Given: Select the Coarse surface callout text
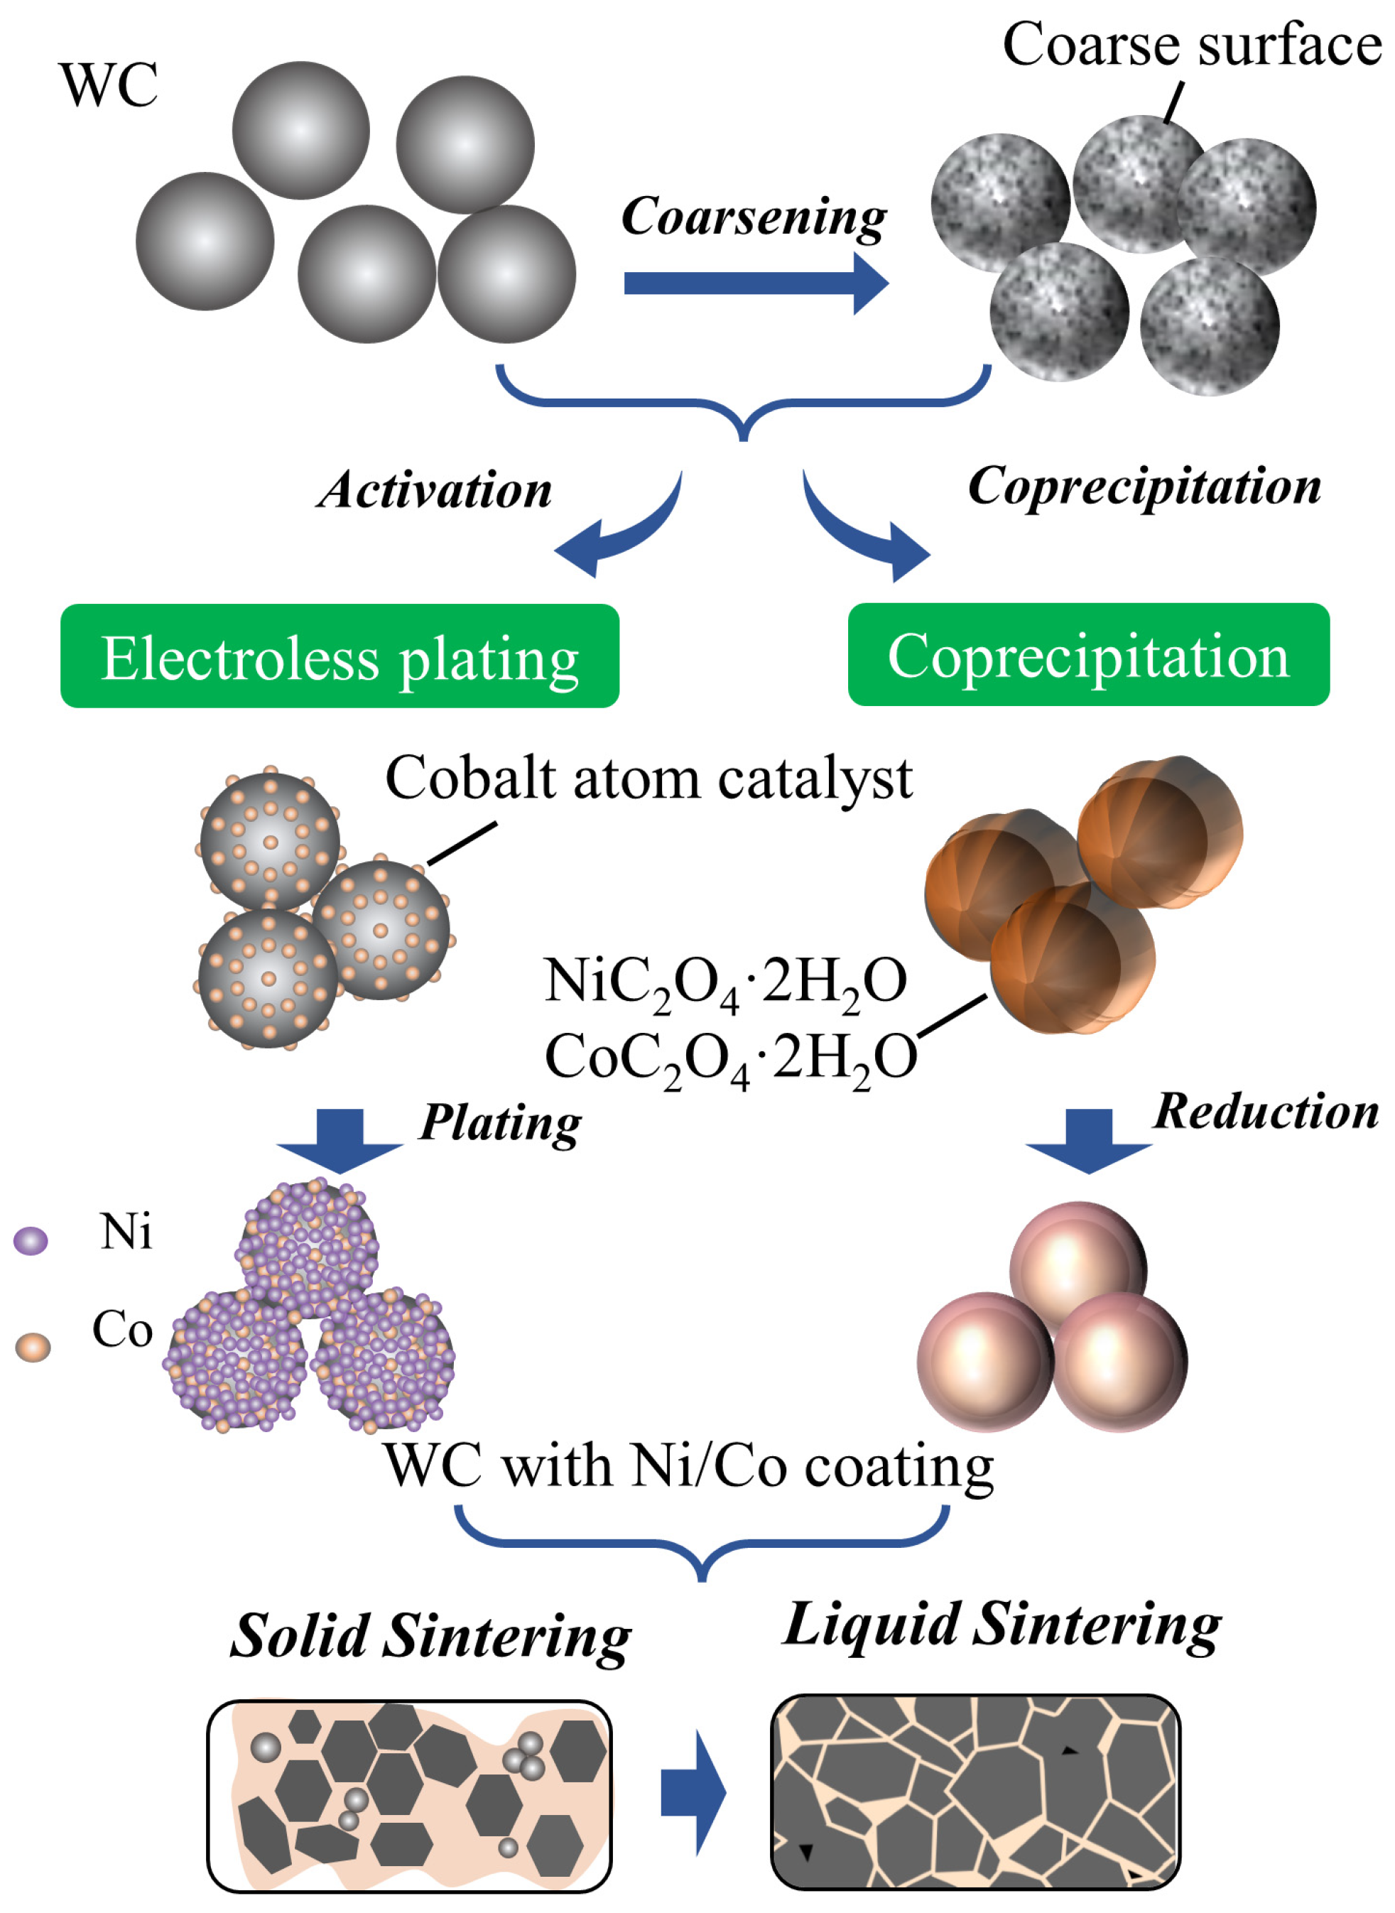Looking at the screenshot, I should point(1190,44).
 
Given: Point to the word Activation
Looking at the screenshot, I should point(435,490).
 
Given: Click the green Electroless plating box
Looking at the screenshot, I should point(340,656).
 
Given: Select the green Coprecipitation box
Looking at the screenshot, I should point(1087,654).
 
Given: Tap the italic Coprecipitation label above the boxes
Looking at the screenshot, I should point(1144,487).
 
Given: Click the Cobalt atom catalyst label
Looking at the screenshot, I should point(648,778).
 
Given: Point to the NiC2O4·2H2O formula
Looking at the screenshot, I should point(725,982).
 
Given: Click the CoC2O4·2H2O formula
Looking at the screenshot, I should point(730,1058).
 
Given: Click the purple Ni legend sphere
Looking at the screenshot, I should point(31,1240).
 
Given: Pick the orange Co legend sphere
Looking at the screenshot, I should point(33,1346).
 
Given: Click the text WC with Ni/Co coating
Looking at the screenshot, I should point(688,1465).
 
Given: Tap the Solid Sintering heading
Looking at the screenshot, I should point(430,1636).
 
